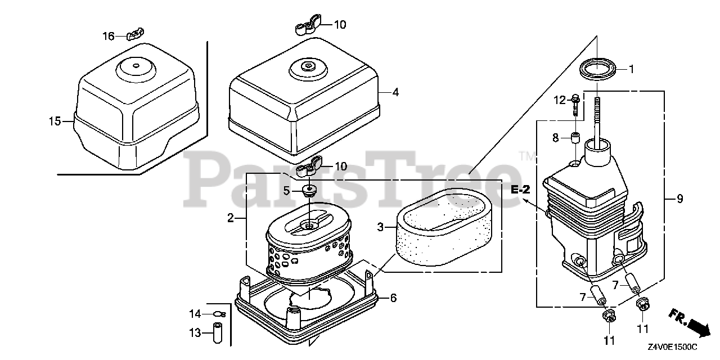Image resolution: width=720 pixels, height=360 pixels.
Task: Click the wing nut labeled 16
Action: [x=133, y=35]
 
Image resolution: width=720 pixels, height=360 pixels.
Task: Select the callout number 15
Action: [x=54, y=121]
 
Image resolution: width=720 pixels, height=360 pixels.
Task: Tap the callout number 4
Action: [x=395, y=92]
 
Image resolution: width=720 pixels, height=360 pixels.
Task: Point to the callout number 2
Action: [x=231, y=218]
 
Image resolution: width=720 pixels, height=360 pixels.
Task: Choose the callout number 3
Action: [x=380, y=227]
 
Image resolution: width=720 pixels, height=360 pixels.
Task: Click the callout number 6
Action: [x=393, y=298]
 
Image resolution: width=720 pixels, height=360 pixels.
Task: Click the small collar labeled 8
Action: [x=575, y=138]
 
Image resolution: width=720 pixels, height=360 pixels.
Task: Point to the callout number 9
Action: [x=679, y=199]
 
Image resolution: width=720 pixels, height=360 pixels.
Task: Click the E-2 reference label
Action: [x=521, y=190]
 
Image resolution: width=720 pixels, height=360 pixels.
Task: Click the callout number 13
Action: [x=195, y=334]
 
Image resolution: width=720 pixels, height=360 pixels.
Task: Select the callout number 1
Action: [x=631, y=69]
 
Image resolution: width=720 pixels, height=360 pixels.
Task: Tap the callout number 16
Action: [x=108, y=36]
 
